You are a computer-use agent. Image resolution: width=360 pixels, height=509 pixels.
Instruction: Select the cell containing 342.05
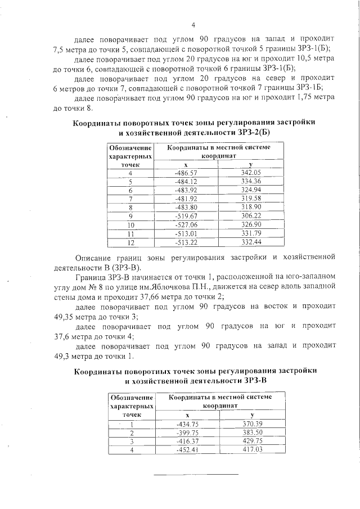click(x=250, y=173)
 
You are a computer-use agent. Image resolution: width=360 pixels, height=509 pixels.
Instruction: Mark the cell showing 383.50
click(x=253, y=433)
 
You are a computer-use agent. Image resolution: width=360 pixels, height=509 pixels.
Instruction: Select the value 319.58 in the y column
click(x=250, y=199)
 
